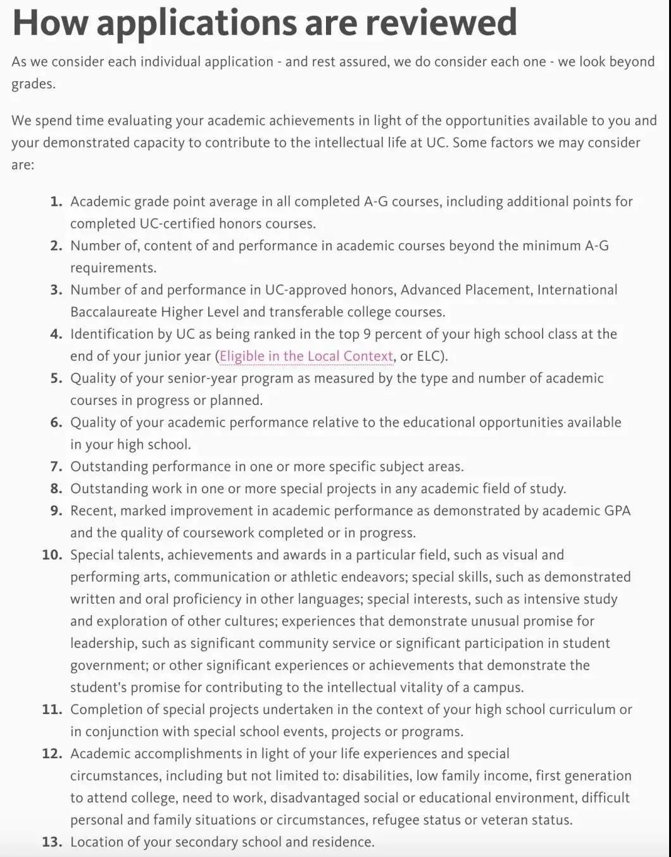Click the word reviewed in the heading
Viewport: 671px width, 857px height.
[x=441, y=23]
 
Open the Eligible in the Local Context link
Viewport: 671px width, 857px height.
[x=306, y=356]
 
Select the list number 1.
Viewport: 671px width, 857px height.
[x=56, y=202]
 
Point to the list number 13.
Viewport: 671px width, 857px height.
[x=52, y=842]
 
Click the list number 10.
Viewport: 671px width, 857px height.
[x=52, y=555]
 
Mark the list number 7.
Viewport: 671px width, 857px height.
[x=56, y=467]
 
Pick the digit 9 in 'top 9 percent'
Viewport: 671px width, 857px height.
[x=367, y=334]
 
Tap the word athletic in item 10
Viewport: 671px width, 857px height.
[x=334, y=577]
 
